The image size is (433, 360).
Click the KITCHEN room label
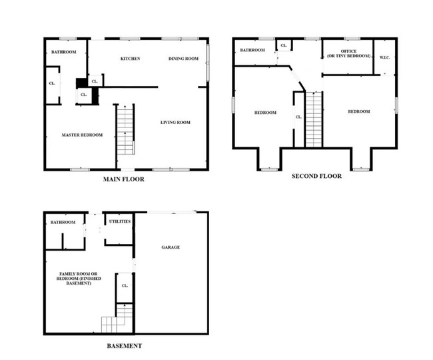coord(130,59)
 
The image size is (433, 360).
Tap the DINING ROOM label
coord(183,59)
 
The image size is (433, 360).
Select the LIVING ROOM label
coord(176,122)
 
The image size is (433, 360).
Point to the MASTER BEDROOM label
coord(82,135)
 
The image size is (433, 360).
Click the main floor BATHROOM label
coord(63,52)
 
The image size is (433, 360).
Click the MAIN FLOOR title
coord(123,179)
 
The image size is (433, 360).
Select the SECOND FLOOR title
coord(316,176)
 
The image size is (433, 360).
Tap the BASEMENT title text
coord(124,346)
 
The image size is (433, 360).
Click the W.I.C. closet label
coord(384,57)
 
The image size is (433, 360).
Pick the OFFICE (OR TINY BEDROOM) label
coord(347,54)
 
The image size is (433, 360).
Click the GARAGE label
coord(171,247)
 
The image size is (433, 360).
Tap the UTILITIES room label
coord(119,221)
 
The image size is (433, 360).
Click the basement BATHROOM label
coord(63,222)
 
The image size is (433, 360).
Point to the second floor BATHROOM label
coord(252,50)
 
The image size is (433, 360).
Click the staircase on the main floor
coord(125,130)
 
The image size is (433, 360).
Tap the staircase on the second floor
coord(314,120)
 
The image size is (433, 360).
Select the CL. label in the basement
coord(125,286)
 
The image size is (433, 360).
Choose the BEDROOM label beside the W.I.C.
coord(358,111)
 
